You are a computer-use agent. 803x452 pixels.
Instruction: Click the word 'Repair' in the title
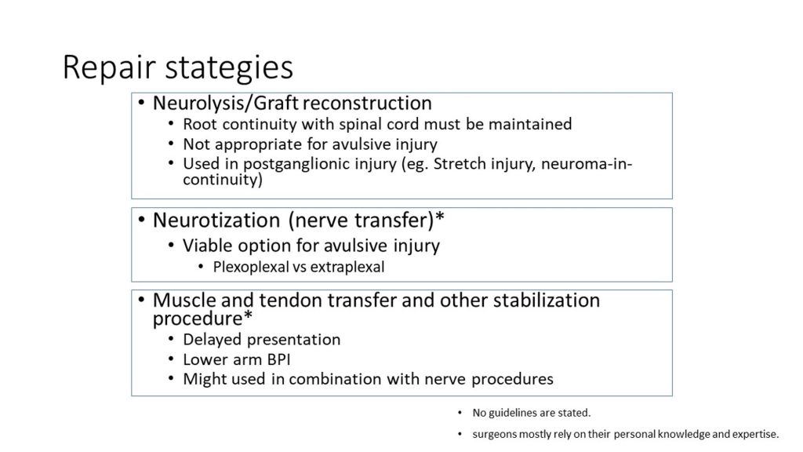coord(108,67)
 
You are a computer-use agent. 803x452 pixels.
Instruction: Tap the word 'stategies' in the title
coord(229,67)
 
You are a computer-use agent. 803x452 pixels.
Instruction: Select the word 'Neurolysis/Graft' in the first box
coord(226,103)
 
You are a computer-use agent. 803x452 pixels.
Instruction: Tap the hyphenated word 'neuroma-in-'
coord(587,163)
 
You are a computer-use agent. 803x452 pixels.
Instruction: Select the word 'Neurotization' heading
coord(216,220)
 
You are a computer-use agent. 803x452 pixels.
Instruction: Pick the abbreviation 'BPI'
coord(279,359)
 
